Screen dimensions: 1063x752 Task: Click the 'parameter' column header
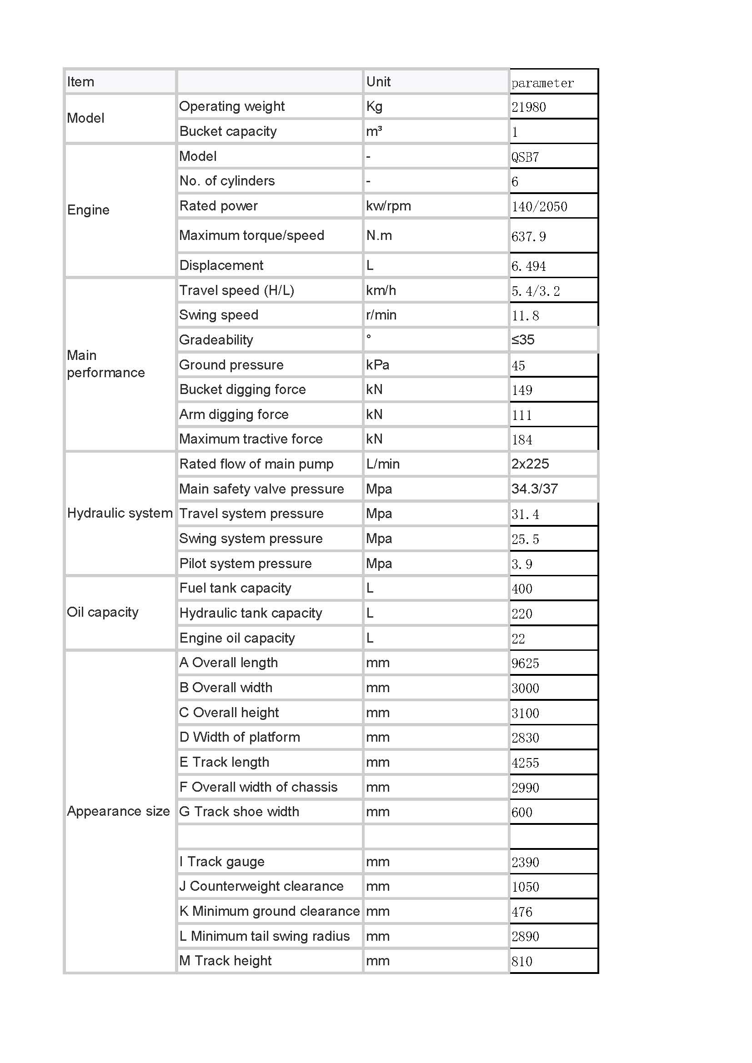pos(542,83)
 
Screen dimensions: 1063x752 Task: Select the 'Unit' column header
pos(378,82)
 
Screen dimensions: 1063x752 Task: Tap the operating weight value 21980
pos(528,107)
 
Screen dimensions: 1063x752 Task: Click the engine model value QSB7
pos(525,157)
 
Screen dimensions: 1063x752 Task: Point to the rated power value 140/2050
pos(539,206)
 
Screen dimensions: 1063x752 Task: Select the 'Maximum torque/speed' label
pos(251,236)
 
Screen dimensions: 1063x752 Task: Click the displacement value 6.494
pos(528,266)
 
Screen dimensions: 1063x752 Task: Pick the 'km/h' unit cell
pos(381,291)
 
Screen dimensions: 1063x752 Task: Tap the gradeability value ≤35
pos(523,340)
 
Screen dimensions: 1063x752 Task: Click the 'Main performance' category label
pos(105,364)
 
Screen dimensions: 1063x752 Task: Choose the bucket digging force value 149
pos(522,390)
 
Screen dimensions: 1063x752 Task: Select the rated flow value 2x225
pos(530,464)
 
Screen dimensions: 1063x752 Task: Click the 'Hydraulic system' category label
pos(120,513)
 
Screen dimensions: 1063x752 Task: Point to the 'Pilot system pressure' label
pos(246,564)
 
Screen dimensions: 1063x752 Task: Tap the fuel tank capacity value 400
pos(522,589)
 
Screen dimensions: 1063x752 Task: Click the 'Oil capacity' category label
pos(102,612)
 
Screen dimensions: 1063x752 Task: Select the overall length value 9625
pos(525,664)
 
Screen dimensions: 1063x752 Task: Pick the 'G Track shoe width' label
pos(239,812)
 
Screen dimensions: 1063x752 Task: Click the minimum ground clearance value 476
pos(522,912)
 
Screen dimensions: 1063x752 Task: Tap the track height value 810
pos(522,962)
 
